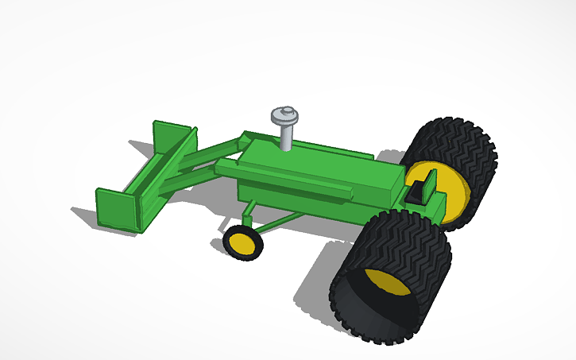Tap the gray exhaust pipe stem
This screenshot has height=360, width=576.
coord(285,137)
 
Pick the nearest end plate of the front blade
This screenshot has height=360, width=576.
coord(115,208)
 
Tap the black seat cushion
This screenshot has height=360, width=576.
coord(415,192)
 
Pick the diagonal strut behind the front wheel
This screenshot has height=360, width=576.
coord(282,222)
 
